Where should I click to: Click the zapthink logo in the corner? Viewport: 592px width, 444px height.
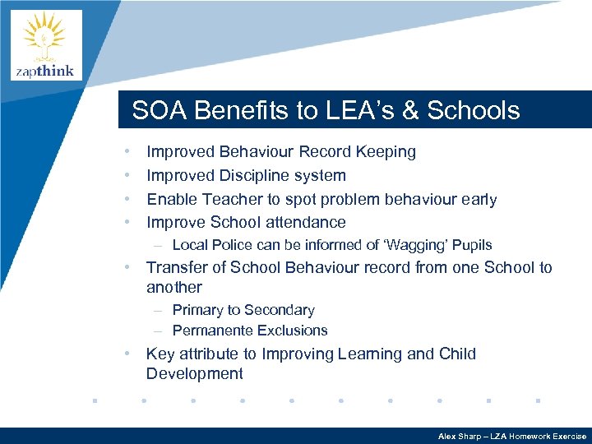pyautogui.click(x=46, y=45)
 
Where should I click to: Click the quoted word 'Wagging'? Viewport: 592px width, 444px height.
pyautogui.click(x=419, y=245)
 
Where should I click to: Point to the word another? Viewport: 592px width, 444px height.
pyautogui.click(x=173, y=288)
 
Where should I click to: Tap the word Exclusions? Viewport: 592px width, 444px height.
pyautogui.click(x=292, y=331)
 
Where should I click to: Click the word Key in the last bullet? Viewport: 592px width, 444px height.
pyautogui.click(x=160, y=354)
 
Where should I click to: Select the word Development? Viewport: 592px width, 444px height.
pyautogui.click(x=194, y=374)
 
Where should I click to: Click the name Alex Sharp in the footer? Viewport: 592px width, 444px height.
pyautogui.click(x=459, y=437)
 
